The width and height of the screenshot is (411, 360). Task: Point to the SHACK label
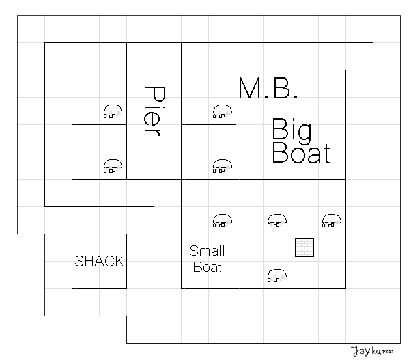(x=99, y=262)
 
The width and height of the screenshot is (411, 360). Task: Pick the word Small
(x=207, y=251)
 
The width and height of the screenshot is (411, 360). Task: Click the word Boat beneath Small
(x=208, y=267)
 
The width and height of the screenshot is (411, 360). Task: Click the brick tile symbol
(x=305, y=247)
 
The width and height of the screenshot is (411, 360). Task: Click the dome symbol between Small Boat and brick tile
(x=277, y=275)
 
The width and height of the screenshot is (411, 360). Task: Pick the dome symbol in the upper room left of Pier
(x=113, y=112)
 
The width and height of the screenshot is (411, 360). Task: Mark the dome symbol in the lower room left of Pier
(x=113, y=166)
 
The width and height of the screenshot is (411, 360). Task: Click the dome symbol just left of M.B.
(x=222, y=112)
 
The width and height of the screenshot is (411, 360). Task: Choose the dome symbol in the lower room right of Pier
(x=222, y=166)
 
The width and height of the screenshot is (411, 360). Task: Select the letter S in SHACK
(x=79, y=262)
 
